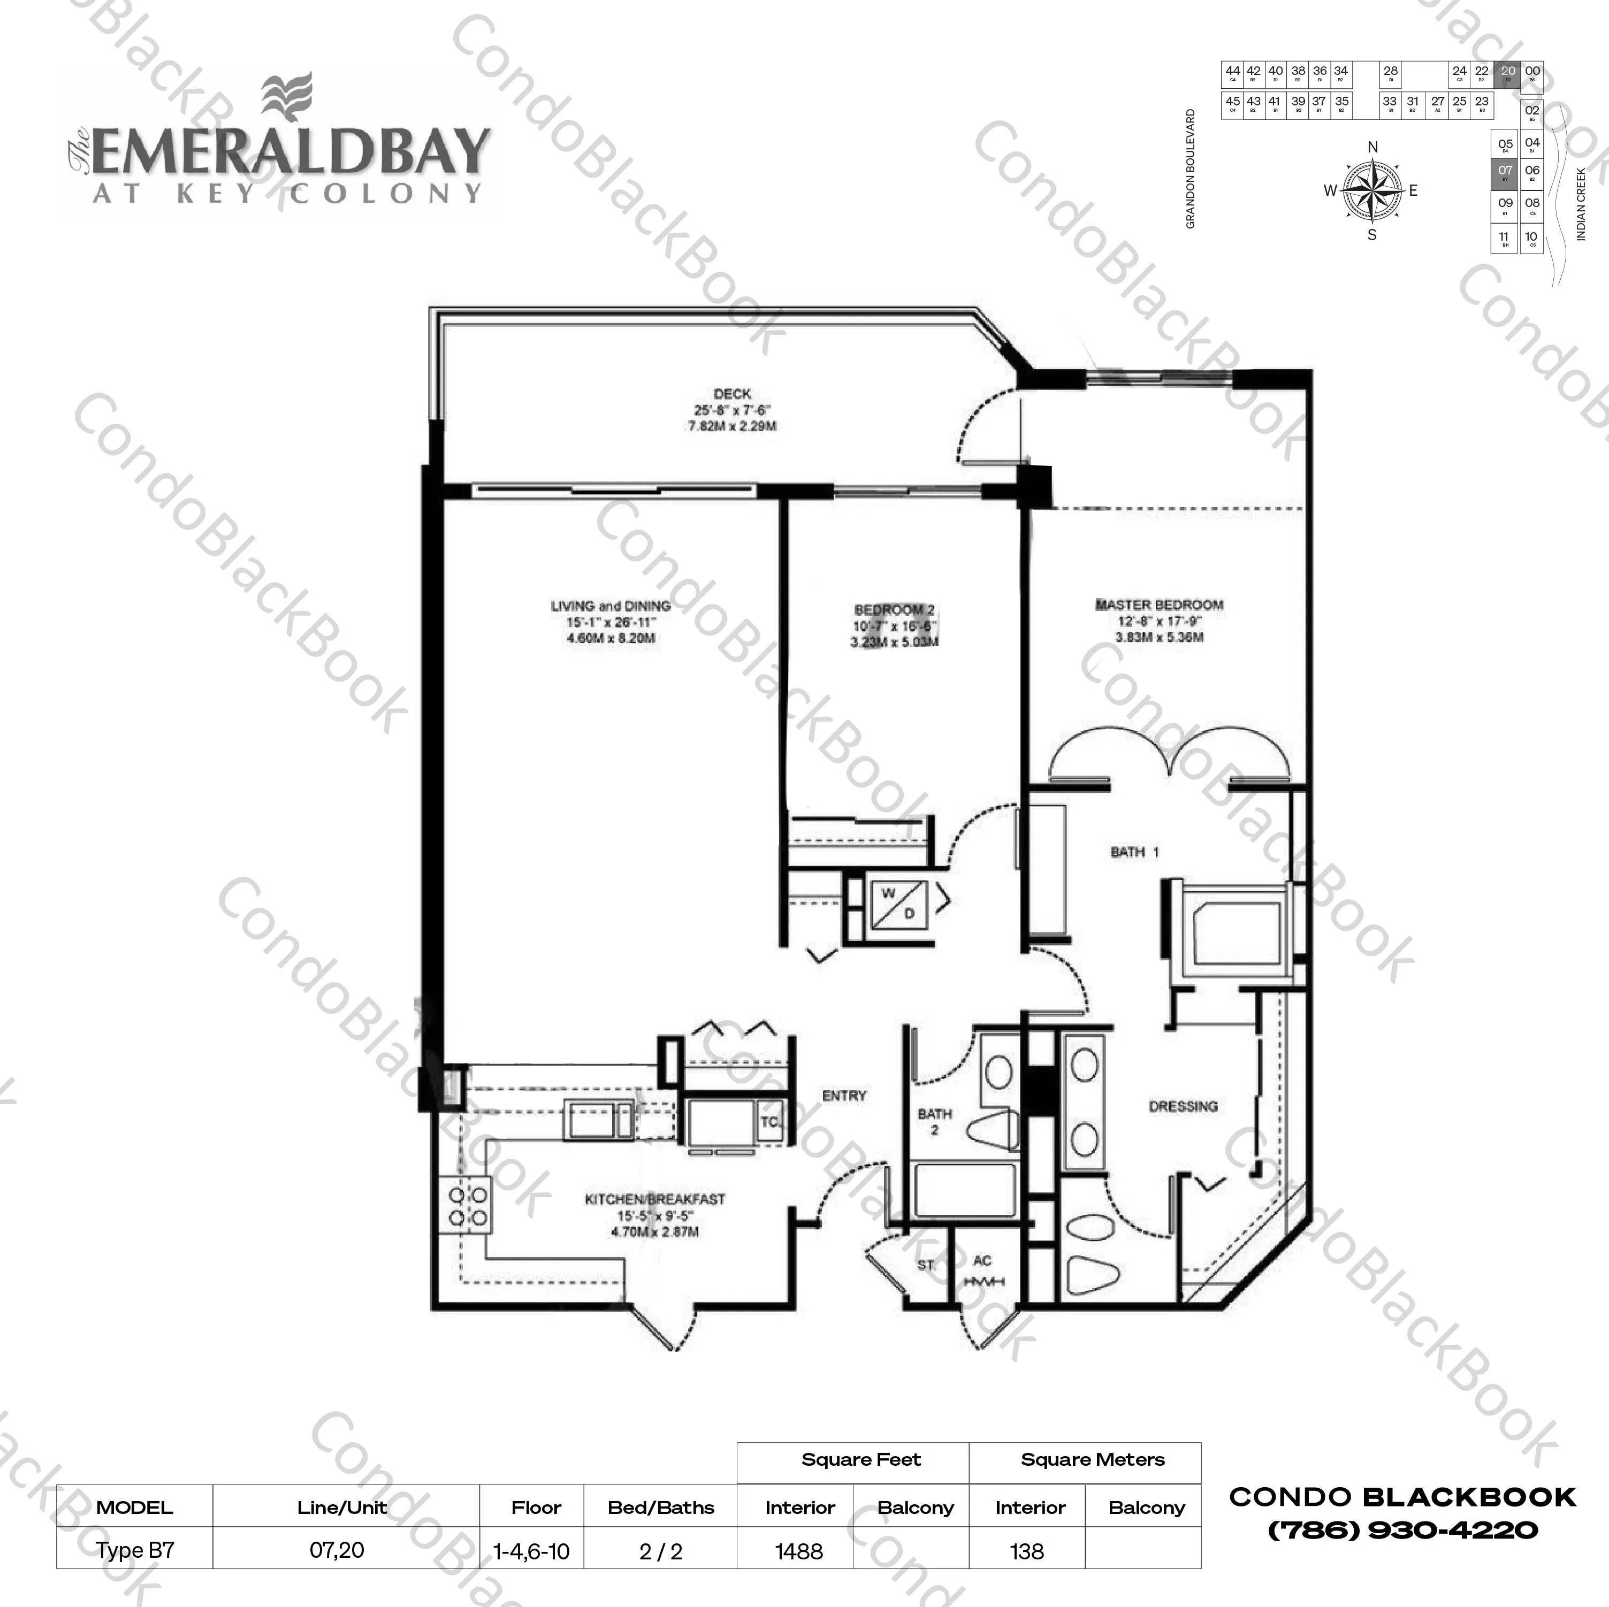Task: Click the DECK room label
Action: tap(732, 394)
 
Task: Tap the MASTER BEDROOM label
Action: tap(1158, 606)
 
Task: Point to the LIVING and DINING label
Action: tap(611, 606)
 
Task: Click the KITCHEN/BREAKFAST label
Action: tap(654, 1199)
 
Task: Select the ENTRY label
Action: tap(844, 1096)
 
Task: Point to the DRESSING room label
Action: tap(1183, 1107)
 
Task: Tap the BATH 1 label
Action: tap(1134, 852)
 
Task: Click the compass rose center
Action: tap(1371, 190)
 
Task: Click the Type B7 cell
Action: tap(135, 1550)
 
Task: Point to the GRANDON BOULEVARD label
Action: tap(1190, 169)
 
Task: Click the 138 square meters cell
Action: tap(1027, 1551)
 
